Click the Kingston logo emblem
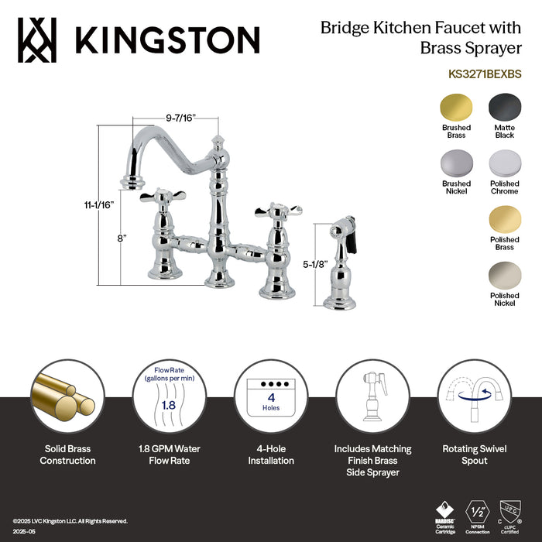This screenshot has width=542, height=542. pyautogui.click(x=38, y=39)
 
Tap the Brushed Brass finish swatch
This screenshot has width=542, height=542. pyautogui.click(x=456, y=106)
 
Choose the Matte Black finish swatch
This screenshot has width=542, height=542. pyautogui.click(x=504, y=106)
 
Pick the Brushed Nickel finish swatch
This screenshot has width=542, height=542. pyautogui.click(x=456, y=163)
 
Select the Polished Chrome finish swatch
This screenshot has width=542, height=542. pyautogui.click(x=504, y=163)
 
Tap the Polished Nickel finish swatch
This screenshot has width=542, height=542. pyautogui.click(x=504, y=276)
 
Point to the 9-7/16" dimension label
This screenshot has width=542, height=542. pyautogui.click(x=180, y=117)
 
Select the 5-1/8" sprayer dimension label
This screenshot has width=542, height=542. pyautogui.click(x=315, y=264)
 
